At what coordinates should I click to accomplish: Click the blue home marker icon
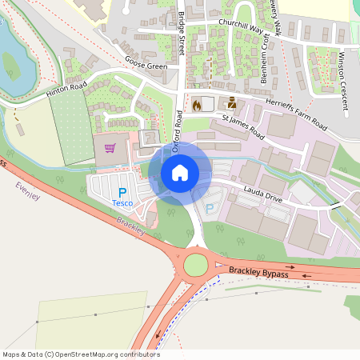coord(180,172)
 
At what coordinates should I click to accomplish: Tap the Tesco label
coord(122,203)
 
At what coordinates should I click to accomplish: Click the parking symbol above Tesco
coord(122,192)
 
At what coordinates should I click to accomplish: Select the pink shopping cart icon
coord(110,147)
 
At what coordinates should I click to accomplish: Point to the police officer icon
coord(232,102)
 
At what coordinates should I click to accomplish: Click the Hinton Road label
coord(66,90)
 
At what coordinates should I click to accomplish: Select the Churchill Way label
coord(240,27)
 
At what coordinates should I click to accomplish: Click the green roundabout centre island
coord(196,263)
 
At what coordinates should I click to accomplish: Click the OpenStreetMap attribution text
coord(81,354)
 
